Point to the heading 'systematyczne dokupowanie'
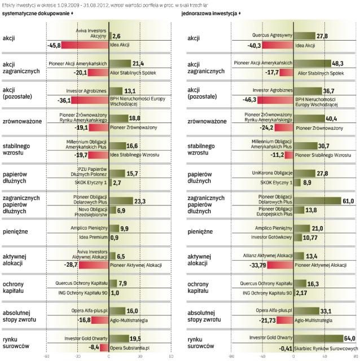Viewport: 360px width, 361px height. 39,12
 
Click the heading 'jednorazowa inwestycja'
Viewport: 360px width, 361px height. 213,12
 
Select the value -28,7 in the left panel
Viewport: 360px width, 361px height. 69,265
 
